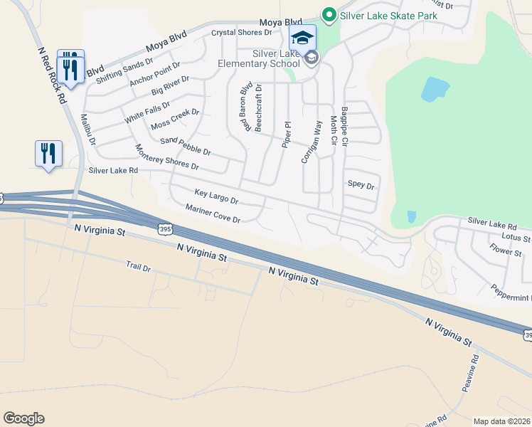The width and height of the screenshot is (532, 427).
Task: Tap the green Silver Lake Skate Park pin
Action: pyautogui.click(x=329, y=14)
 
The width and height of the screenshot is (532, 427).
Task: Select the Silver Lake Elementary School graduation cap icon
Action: pyautogui.click(x=302, y=38)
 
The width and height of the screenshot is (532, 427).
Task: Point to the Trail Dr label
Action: pyautogui.click(x=139, y=268)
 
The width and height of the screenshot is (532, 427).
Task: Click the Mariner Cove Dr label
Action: pyautogui.click(x=213, y=214)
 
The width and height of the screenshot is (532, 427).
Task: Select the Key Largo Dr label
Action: pyautogui.click(x=216, y=196)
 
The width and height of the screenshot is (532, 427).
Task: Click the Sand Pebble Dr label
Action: pyautogui.click(x=186, y=147)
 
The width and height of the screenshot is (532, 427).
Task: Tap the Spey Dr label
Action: pyautogui.click(x=361, y=184)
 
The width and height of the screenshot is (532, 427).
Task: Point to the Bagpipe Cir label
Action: pyautogui.click(x=344, y=127)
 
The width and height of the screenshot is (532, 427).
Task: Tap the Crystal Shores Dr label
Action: pyautogui.click(x=242, y=33)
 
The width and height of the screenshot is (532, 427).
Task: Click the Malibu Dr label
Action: pyautogui.click(x=87, y=129)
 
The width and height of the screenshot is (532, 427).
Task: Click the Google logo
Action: pyautogui.click(x=24, y=418)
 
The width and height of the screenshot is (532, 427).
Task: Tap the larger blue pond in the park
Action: pyautogui.click(x=435, y=89)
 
